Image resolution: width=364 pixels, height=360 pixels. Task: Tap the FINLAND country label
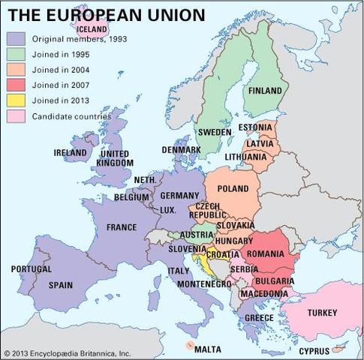(x=266, y=91)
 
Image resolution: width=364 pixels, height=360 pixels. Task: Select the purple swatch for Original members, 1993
(x=17, y=39)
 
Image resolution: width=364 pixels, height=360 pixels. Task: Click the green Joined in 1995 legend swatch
(x=17, y=55)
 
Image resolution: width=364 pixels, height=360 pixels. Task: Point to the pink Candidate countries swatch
(x=17, y=117)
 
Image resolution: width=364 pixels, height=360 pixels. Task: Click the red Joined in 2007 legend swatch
(x=17, y=85)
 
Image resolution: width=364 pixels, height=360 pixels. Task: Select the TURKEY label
(x=323, y=312)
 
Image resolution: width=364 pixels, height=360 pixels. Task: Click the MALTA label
(x=207, y=349)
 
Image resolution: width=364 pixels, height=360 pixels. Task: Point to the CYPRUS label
(x=314, y=350)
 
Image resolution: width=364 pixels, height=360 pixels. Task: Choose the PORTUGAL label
(x=31, y=268)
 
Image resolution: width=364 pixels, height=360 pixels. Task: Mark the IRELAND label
(x=71, y=152)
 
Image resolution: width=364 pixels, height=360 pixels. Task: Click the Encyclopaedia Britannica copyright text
(x=67, y=352)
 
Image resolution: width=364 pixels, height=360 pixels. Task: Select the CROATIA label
(x=223, y=254)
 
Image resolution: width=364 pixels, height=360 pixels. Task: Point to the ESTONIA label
(x=255, y=127)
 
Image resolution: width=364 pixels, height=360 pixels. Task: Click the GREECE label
(x=259, y=318)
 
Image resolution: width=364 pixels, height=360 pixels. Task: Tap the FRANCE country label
(x=122, y=227)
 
